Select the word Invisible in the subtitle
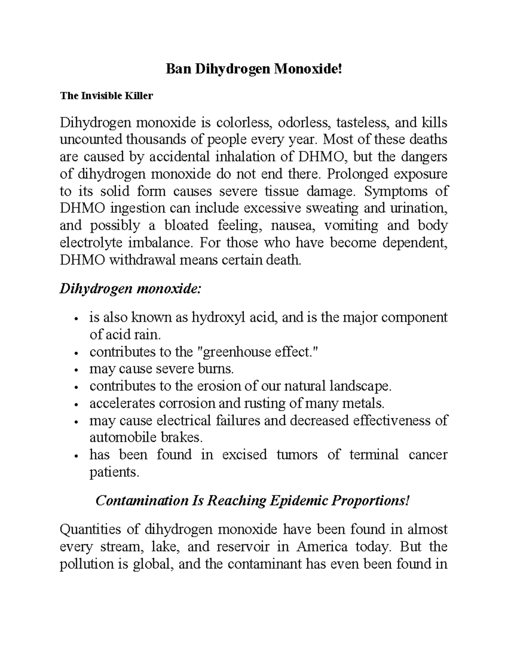98,96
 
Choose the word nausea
292,225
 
